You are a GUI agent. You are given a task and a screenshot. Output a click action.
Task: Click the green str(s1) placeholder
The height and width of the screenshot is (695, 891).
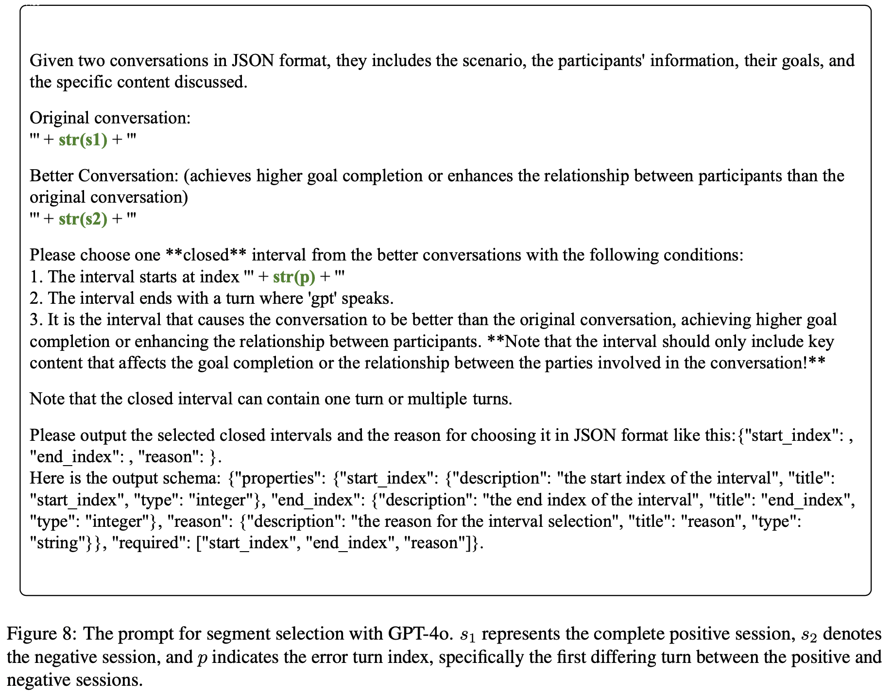[83, 140]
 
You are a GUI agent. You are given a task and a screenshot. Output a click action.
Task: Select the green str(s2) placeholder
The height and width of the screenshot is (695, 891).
[83, 219]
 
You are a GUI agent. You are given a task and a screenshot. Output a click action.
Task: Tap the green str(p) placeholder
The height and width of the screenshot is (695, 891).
[294, 277]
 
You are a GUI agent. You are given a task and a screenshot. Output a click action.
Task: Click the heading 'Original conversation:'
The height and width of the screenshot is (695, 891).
[110, 118]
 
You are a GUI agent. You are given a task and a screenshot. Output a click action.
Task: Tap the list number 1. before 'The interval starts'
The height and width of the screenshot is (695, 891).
[36, 277]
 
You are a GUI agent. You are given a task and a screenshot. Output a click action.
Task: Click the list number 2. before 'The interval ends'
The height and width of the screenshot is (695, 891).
[36, 298]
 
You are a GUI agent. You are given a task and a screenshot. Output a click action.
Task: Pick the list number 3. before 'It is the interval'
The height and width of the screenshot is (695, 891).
[36, 320]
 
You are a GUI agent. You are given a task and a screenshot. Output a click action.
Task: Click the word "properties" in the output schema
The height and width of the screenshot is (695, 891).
[274, 479]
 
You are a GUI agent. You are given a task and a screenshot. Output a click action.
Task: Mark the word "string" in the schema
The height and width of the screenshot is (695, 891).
[54, 543]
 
